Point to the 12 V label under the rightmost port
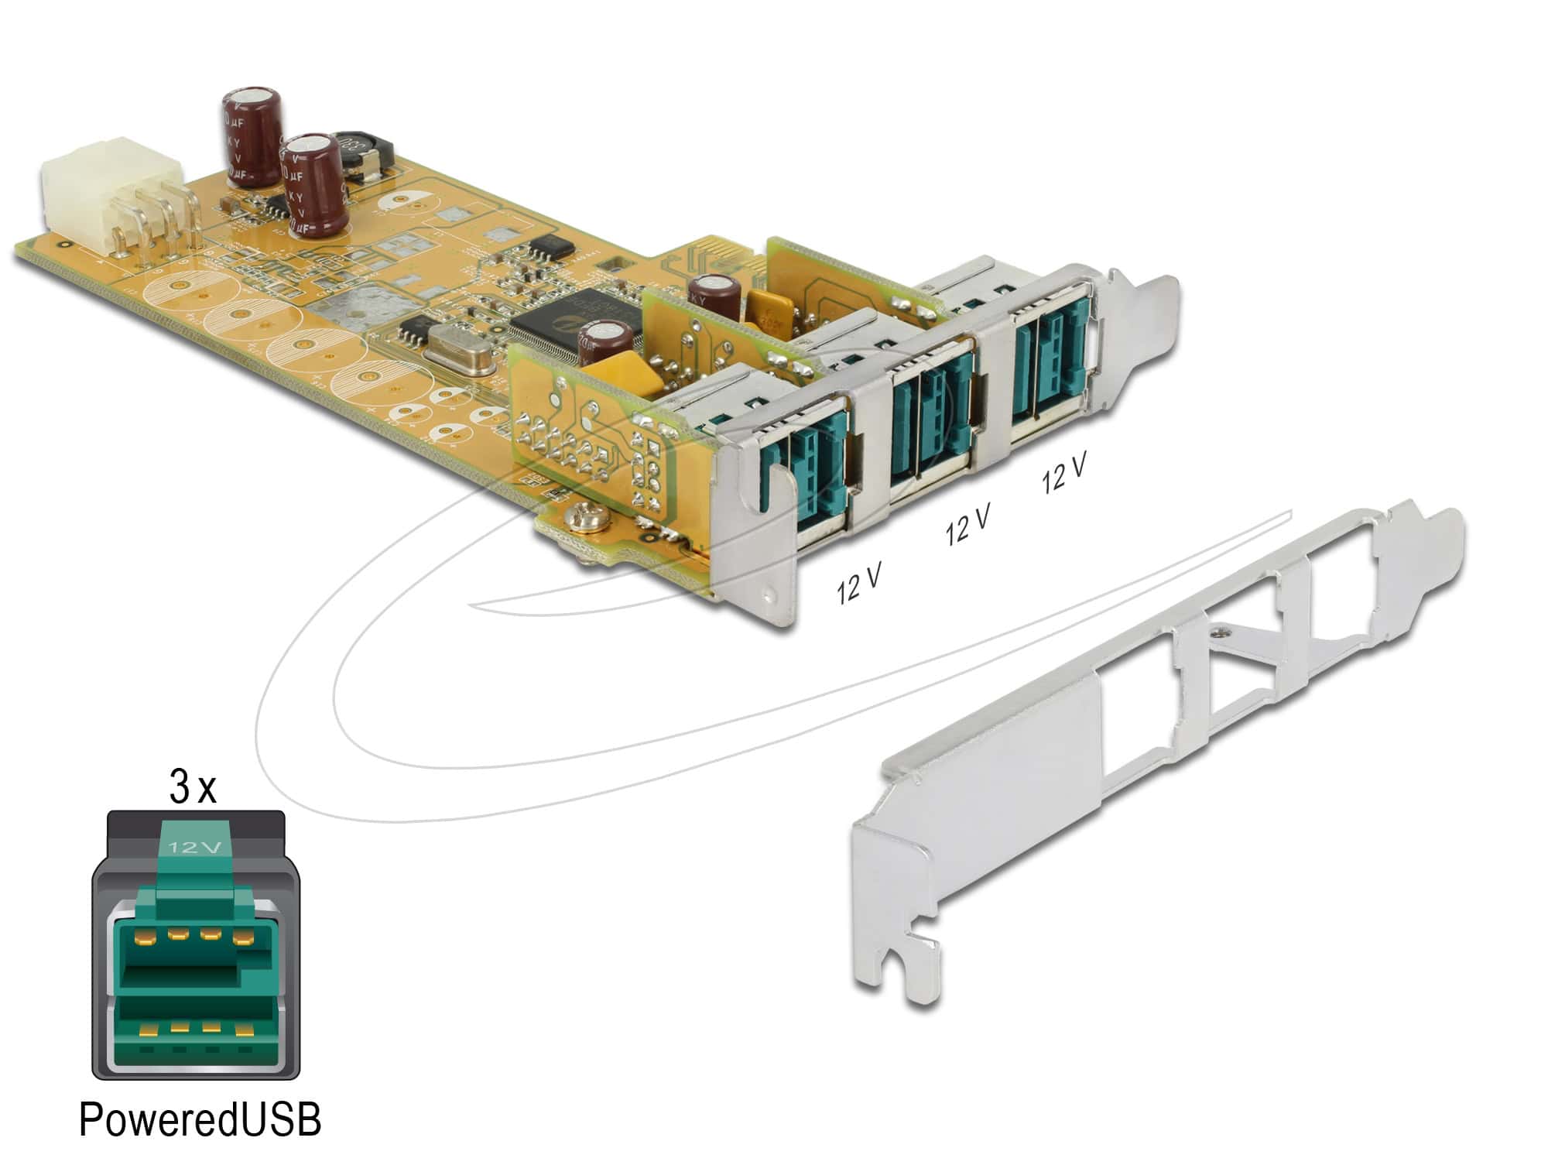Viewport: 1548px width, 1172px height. tap(1064, 473)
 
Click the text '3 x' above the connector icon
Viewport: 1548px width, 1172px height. tap(192, 788)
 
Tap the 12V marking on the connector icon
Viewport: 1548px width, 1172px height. tap(196, 846)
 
